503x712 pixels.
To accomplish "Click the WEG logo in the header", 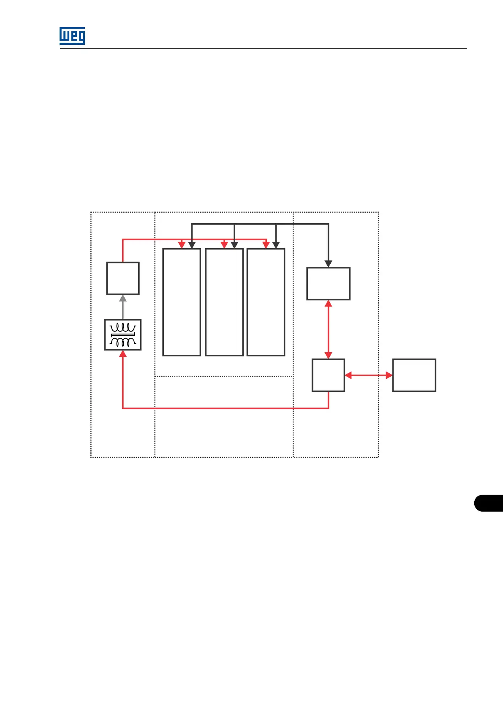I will (x=72, y=36).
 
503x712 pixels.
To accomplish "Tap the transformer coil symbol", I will (x=123, y=334).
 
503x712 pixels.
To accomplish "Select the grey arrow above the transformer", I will (x=123, y=307).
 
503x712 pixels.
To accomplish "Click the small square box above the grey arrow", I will (x=123, y=278).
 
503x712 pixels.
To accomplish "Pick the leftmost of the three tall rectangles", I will (x=182, y=302).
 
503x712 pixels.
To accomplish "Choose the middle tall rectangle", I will (x=224, y=302).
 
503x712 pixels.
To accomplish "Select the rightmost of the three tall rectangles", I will (x=266, y=302).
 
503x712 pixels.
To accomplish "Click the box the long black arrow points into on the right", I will (x=328, y=283).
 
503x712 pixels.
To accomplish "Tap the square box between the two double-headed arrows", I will (x=328, y=375).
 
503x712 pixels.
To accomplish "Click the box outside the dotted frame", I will (x=414, y=375).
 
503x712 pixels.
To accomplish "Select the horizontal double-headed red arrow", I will (x=369, y=375).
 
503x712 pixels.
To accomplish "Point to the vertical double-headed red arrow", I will (x=328, y=329).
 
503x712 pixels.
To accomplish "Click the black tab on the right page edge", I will (x=489, y=503).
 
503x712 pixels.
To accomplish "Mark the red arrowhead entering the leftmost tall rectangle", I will (x=182, y=245).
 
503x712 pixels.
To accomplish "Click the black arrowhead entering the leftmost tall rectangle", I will (x=192, y=245).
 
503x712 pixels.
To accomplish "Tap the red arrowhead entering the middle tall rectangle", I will (x=224, y=245).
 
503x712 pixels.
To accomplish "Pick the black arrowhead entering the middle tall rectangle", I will (x=234, y=245).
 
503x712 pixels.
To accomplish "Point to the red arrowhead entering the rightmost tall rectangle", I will (x=266, y=245).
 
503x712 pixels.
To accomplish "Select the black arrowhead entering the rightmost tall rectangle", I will (x=276, y=245).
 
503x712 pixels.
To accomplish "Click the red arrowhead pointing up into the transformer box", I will (x=123, y=354).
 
